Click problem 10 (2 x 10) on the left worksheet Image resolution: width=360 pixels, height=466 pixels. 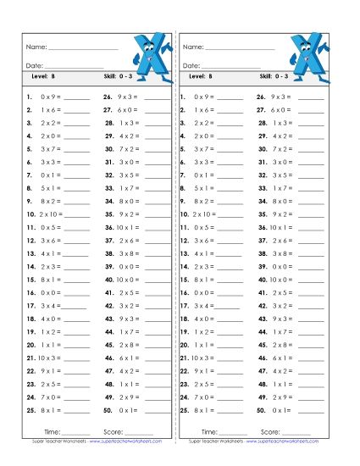(42, 214)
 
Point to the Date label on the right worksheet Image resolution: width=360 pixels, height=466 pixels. (191, 65)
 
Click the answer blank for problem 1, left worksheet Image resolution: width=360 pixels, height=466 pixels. (76, 98)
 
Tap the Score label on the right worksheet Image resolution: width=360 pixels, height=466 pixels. (269, 432)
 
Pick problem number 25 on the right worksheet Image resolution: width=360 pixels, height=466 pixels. (184, 411)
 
